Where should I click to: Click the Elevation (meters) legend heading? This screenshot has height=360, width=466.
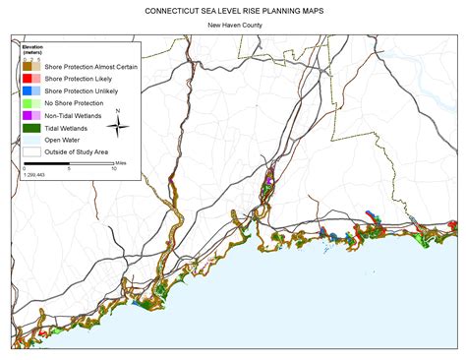(x=32, y=50)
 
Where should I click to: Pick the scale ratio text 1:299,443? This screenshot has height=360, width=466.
(x=36, y=173)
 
